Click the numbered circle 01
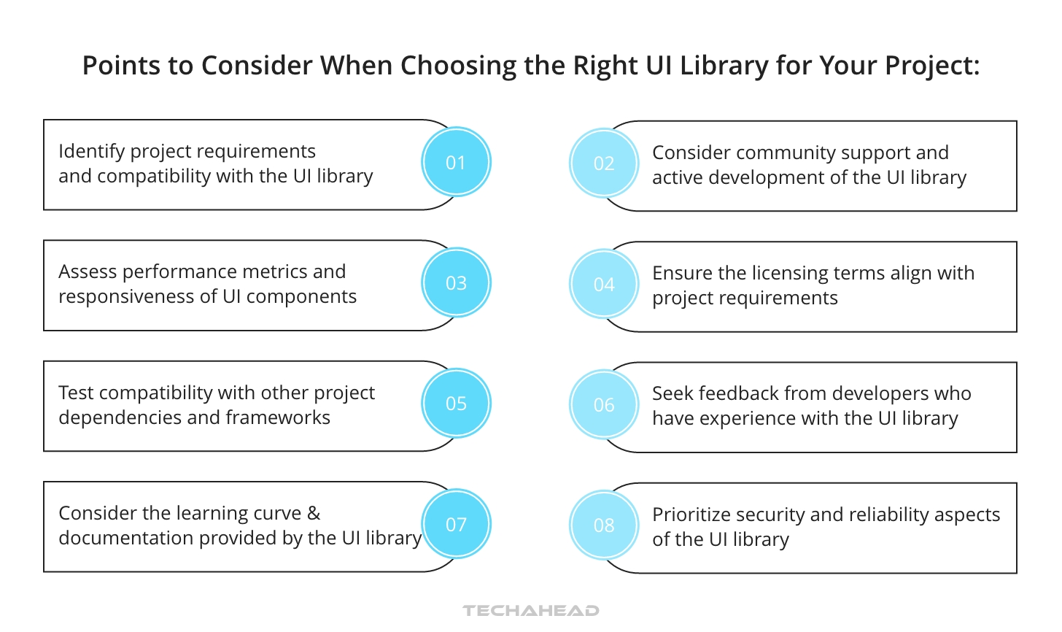tap(456, 162)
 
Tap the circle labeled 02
tap(604, 163)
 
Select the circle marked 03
tap(456, 283)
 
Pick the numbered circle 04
tap(604, 285)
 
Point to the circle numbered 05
tap(456, 404)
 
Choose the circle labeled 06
tap(604, 405)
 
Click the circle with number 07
tap(456, 524)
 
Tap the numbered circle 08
tap(604, 525)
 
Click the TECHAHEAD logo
tap(531, 610)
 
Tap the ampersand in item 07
tap(314, 513)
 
